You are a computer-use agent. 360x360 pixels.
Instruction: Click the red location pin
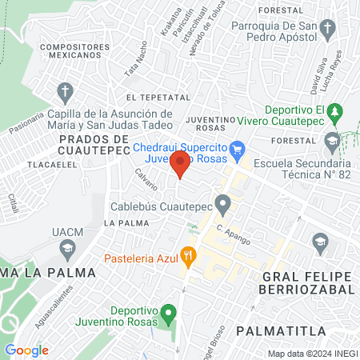[181, 164]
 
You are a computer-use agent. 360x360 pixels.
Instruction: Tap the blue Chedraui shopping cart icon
[236, 149]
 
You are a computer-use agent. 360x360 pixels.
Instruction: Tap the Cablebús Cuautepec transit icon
[222, 205]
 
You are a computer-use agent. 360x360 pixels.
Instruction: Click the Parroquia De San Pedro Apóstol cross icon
[326, 31]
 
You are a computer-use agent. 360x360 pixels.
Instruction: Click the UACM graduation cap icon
[68, 249]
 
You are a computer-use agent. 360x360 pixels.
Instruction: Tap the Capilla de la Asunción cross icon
[65, 91]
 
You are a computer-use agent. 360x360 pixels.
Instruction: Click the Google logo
[26, 350]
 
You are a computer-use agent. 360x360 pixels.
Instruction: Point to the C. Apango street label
[230, 234]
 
